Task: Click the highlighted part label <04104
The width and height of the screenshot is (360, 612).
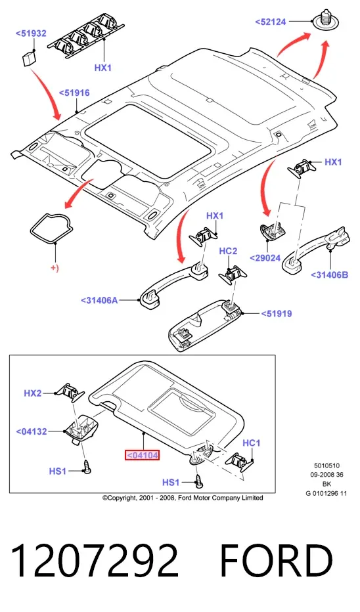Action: click(142, 455)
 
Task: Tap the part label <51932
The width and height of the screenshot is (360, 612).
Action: click(31, 33)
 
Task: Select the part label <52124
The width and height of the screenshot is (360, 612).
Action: click(271, 22)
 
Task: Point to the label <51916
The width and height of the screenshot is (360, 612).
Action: click(74, 93)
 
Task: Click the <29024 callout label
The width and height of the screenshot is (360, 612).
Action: click(265, 258)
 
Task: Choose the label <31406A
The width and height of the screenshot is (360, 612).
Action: click(99, 300)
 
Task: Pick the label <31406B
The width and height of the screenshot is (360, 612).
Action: click(329, 274)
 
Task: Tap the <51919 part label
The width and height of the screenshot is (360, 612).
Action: click(277, 313)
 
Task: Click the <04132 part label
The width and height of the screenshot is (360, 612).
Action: click(32, 431)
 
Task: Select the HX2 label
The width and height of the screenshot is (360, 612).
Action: click(33, 393)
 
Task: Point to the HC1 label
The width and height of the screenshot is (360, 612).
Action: click(252, 443)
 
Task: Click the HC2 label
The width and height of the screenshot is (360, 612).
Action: click(228, 251)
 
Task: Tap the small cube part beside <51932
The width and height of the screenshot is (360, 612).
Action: click(28, 58)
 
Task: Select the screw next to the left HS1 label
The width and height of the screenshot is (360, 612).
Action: click(87, 467)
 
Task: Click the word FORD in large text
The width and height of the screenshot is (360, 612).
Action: click(277, 561)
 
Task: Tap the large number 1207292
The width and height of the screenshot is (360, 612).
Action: click(95, 561)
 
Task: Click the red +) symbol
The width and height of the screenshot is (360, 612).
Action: click(55, 268)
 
